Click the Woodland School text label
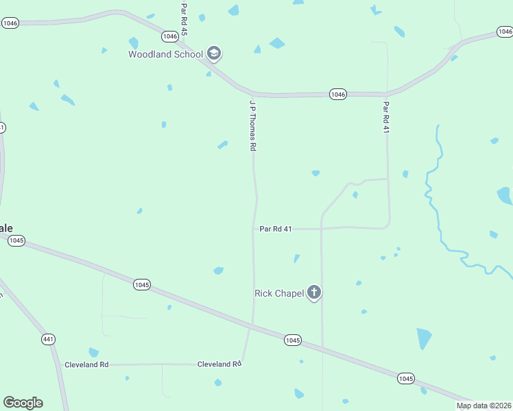[165, 54]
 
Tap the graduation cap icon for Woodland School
[214, 54]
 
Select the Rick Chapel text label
[278, 293]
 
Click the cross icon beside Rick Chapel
[314, 293]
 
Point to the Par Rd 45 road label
[184, 20]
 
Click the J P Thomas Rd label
[252, 125]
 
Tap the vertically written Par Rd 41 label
[386, 118]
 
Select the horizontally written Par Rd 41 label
[276, 229]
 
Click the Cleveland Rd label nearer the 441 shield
[86, 364]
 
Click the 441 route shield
[48, 339]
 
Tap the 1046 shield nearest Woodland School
[169, 36]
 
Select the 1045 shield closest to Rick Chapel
[293, 340]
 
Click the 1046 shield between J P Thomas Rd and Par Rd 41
[337, 94]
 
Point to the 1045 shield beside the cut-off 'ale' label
[16, 240]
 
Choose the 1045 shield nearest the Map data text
[405, 378]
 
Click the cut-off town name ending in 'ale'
[6, 228]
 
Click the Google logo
[23, 403]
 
